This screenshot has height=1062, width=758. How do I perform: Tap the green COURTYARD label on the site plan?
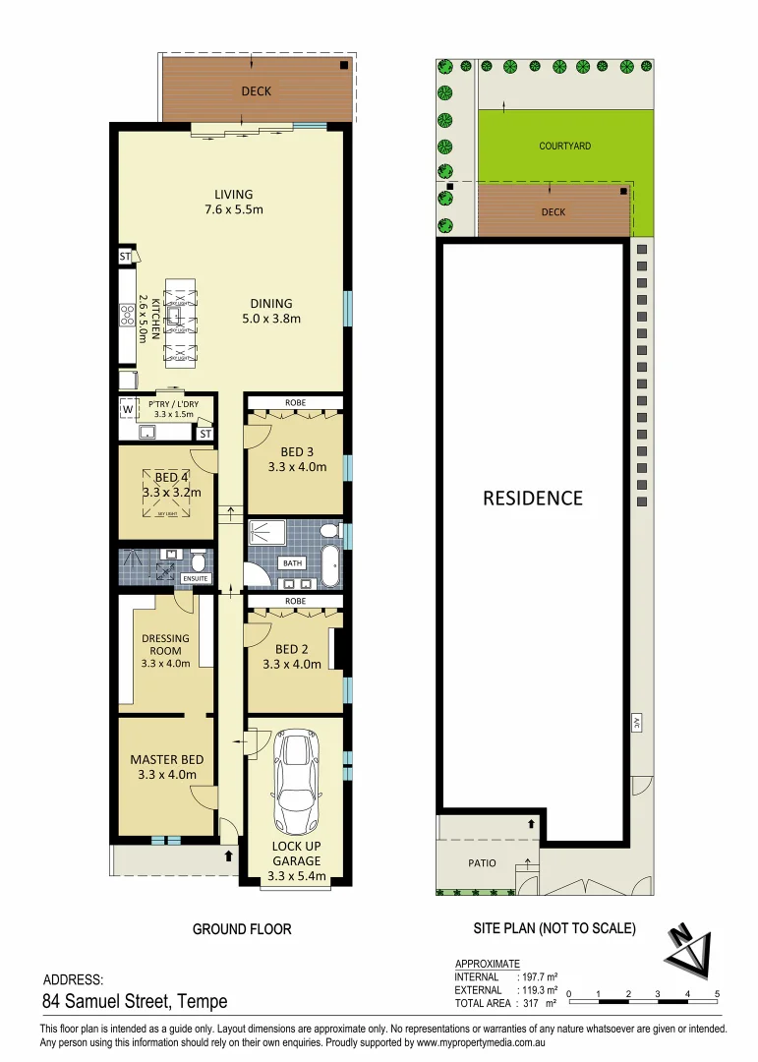pos(565,146)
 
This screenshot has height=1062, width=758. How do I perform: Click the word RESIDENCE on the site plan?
pos(532,498)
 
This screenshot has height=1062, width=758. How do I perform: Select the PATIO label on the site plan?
pos(482,863)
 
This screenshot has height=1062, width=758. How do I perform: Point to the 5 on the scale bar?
pos(718,993)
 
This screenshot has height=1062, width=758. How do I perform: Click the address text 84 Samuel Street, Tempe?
pos(135,1002)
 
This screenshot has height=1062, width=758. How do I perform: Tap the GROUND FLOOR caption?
pos(242,928)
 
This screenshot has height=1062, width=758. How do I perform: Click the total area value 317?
pos(531,1003)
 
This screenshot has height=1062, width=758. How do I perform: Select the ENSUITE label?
pos(196,578)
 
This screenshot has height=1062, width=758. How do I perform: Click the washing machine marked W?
pos(128,409)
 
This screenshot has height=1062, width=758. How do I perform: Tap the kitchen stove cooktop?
pos(128,316)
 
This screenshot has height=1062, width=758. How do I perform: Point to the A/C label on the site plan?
pos(637,723)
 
